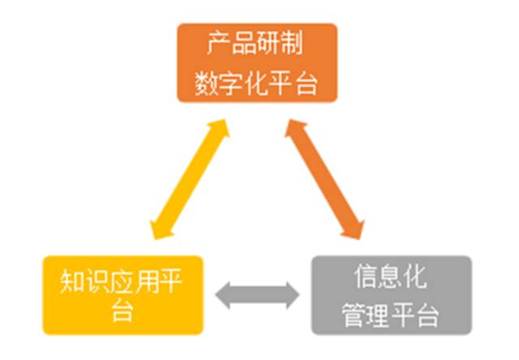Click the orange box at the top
point(257,63)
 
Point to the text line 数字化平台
point(257,83)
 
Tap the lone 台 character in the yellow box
point(122,311)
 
